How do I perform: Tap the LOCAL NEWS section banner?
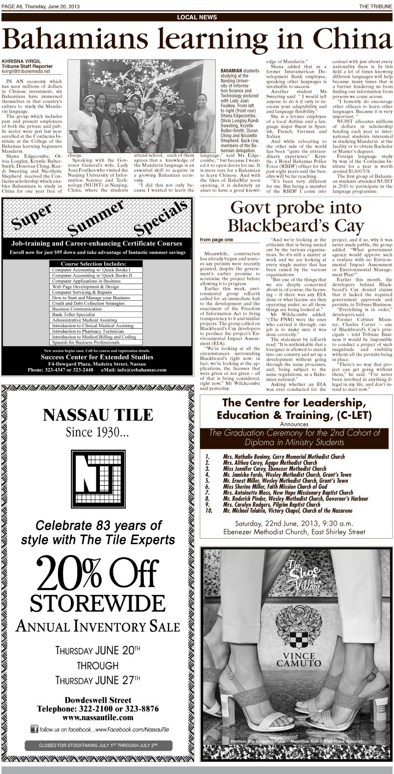(x=197, y=17)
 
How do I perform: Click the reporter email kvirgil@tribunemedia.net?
(x=26, y=71)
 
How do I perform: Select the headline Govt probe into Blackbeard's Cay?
(x=297, y=216)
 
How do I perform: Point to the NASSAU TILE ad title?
(x=98, y=414)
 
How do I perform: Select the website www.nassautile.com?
(x=98, y=717)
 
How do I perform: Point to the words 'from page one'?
(x=216, y=240)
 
